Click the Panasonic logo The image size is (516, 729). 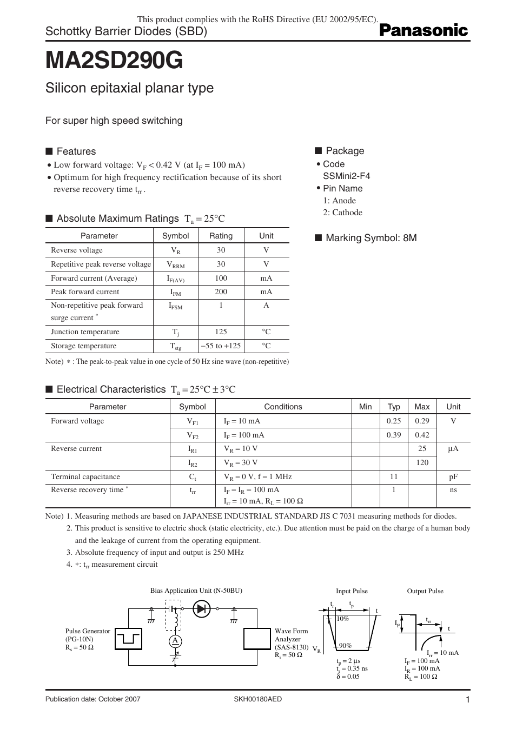[x=423, y=31]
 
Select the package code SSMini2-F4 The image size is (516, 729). [x=346, y=176]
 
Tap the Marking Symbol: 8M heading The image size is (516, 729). [x=371, y=238]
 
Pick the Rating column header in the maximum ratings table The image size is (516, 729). [x=221, y=236]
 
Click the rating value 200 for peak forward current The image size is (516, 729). [x=221, y=291]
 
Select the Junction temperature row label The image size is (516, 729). [x=85, y=332]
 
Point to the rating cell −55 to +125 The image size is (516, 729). [x=221, y=346]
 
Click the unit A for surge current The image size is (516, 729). [x=266, y=306]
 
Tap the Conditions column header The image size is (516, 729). [x=283, y=407]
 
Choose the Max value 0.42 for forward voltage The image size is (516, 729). [x=422, y=435]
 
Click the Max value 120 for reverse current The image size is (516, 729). [x=422, y=462]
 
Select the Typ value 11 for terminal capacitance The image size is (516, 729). [x=394, y=476]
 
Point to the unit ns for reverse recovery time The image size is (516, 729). [x=453, y=490]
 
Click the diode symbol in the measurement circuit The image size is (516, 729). [x=202, y=609]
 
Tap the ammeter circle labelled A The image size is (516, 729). [x=175, y=640]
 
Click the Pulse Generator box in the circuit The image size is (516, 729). [x=128, y=639]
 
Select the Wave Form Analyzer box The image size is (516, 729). [x=257, y=639]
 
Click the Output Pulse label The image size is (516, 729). [x=425, y=591]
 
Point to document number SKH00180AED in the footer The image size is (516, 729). [x=257, y=699]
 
